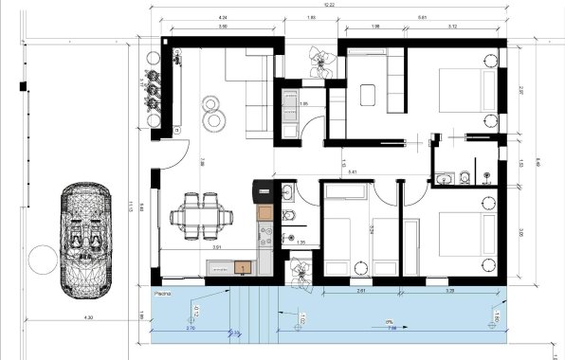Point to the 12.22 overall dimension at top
coord(330,7)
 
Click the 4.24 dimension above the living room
coord(222,18)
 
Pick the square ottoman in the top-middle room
coord(370,94)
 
